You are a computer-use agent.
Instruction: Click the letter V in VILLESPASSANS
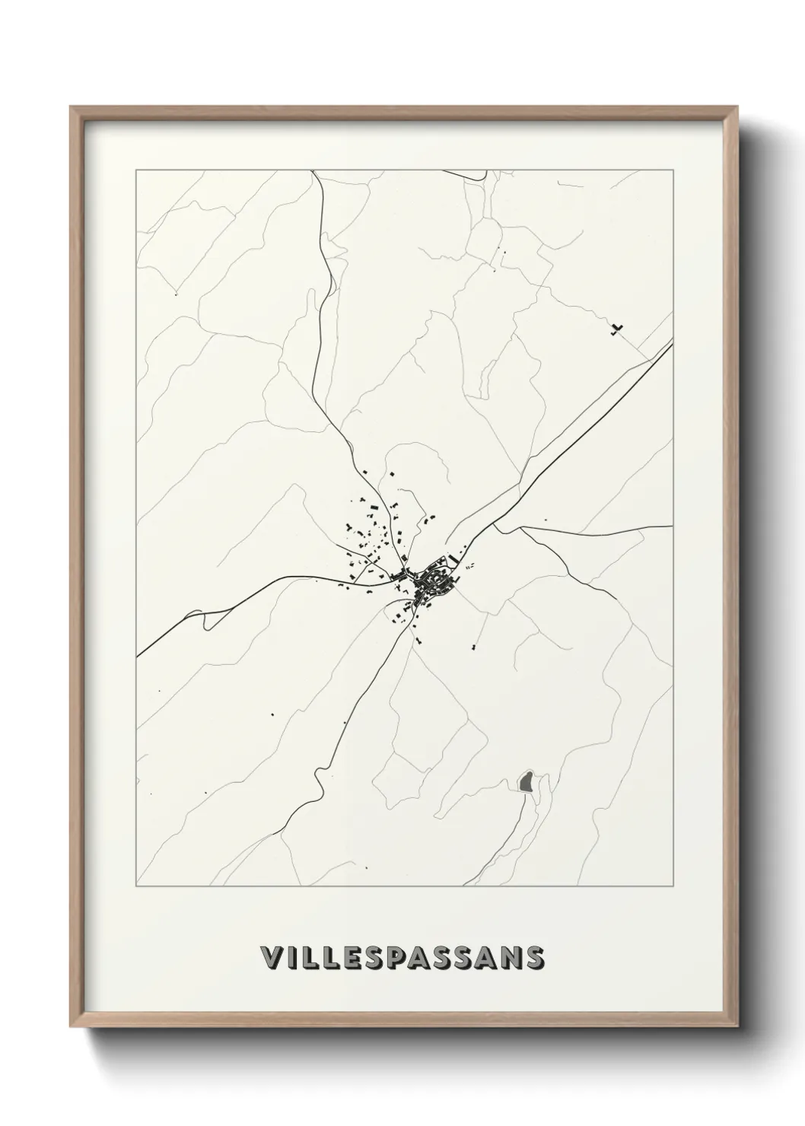[x=270, y=958]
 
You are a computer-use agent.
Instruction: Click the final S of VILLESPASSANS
[x=534, y=958]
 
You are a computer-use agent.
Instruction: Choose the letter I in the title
[x=291, y=958]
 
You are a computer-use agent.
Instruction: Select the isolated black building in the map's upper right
[x=616, y=329]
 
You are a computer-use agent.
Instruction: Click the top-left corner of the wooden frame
[x=71, y=107]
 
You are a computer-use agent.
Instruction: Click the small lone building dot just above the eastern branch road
[x=546, y=520]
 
